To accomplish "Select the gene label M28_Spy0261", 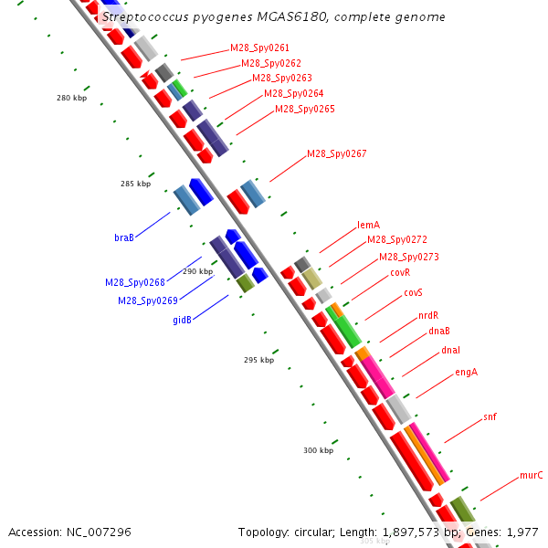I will pyautogui.click(x=260, y=47).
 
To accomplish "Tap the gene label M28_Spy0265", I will pyautogui.click(x=305, y=110).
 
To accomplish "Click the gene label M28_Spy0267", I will pyautogui.click(x=336, y=153).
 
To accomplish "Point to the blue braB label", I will pyautogui.click(x=124, y=237).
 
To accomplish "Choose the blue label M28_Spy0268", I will pyautogui.click(x=134, y=283).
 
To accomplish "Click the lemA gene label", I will pyautogui.click(x=368, y=225).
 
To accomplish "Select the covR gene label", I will pyautogui.click(x=400, y=272).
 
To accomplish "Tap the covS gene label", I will pyautogui.click(x=414, y=292).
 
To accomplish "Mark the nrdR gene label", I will pyautogui.click(x=428, y=315).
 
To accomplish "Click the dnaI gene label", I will pyautogui.click(x=450, y=350).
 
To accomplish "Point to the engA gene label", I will pyautogui.click(x=466, y=372).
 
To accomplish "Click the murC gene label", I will pyautogui.click(x=532, y=475).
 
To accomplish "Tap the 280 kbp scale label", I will pyautogui.click(x=71, y=98).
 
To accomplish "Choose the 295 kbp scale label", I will pyautogui.click(x=258, y=360).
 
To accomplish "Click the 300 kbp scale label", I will pyautogui.click(x=319, y=450).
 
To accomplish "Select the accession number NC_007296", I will pyautogui.click(x=69, y=532).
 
